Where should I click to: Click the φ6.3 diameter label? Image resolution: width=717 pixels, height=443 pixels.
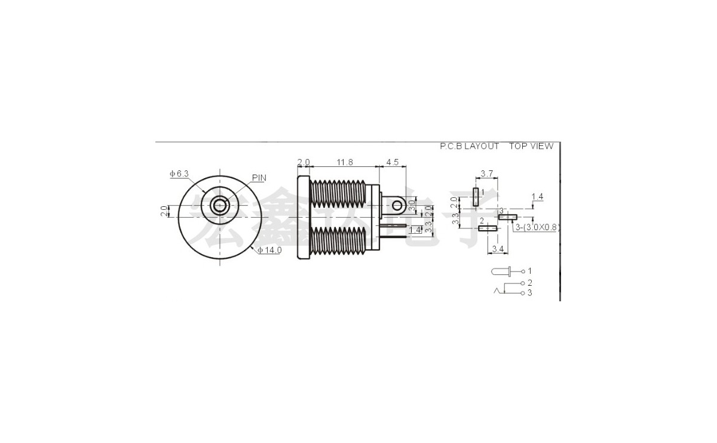click(x=179, y=173)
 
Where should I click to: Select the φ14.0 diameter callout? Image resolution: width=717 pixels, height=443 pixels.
click(x=269, y=250)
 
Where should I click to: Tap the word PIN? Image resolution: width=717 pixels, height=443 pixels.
click(x=259, y=178)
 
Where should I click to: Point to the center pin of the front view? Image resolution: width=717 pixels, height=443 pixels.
click(x=220, y=207)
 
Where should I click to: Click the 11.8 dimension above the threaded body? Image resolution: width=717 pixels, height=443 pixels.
click(x=344, y=162)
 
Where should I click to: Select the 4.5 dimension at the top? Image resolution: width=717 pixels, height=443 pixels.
click(x=392, y=162)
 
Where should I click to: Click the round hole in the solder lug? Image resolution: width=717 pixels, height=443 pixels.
click(x=397, y=206)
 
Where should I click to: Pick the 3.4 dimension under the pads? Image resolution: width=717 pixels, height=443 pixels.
click(x=495, y=248)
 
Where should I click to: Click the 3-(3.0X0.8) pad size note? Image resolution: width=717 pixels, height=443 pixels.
click(x=536, y=228)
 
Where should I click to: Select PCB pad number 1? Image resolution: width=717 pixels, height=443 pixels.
click(x=476, y=197)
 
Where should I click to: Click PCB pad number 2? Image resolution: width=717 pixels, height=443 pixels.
click(x=488, y=228)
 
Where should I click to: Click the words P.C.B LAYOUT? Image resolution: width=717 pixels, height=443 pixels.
click(x=469, y=146)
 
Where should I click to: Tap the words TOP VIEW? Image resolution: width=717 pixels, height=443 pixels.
click(x=531, y=146)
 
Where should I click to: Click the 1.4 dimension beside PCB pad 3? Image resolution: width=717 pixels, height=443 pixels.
click(x=537, y=197)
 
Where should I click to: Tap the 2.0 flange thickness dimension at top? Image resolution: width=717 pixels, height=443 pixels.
click(x=304, y=162)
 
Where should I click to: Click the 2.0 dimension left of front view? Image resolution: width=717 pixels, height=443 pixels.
click(x=163, y=211)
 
